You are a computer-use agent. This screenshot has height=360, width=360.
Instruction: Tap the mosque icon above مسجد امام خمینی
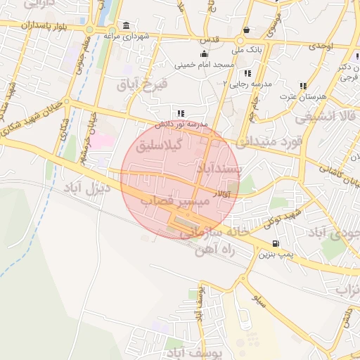pyautogui.click(x=204, y=54)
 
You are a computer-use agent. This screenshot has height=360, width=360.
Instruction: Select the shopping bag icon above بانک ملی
pyautogui.click(x=247, y=30)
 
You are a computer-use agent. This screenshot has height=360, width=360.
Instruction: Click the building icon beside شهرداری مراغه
pyautogui.click(x=126, y=26)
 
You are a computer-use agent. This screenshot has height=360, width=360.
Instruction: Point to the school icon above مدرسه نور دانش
pyautogui.click(x=181, y=112)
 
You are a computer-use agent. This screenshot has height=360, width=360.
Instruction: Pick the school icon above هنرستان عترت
pyautogui.click(x=303, y=86)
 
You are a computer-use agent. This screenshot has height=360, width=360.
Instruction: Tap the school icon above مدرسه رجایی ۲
pyautogui.click(x=247, y=73)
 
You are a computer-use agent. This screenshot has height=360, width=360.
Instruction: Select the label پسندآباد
pyautogui.click(x=219, y=169)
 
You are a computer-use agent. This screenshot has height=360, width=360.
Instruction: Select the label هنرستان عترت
pyautogui.click(x=304, y=95)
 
